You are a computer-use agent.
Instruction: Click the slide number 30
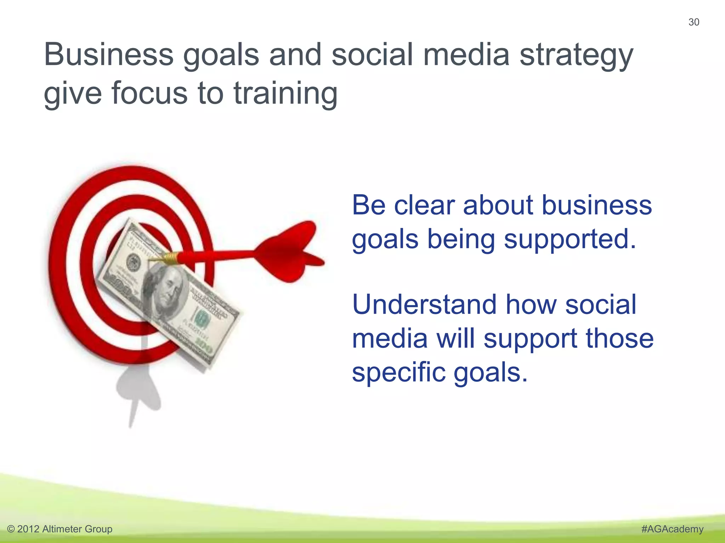(693, 22)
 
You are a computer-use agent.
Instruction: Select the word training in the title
(285, 94)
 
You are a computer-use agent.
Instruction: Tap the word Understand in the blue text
(424, 304)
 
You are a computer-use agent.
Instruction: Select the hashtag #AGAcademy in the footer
(672, 529)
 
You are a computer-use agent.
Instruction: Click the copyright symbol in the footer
(11, 529)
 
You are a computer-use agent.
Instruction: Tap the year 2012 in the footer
(28, 529)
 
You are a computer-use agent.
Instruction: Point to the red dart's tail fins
(290, 251)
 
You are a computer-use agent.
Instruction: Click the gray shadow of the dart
(138, 392)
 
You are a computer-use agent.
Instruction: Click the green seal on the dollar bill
(202, 318)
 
